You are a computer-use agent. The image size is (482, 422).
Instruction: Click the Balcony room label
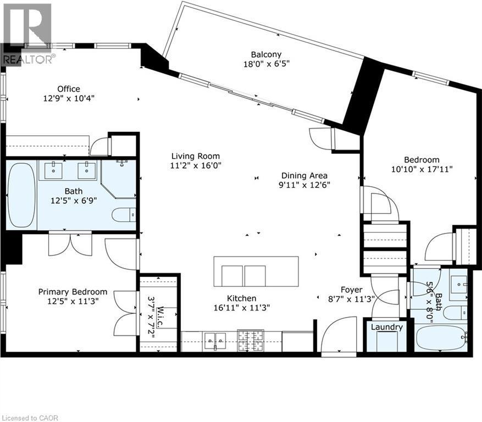tap(266, 54)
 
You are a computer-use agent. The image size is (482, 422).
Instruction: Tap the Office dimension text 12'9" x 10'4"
tap(69, 99)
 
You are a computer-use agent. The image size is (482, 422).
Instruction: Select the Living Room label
tap(195, 156)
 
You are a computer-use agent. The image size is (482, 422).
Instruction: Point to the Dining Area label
tap(303, 175)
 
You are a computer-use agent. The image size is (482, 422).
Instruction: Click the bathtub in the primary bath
tap(21, 195)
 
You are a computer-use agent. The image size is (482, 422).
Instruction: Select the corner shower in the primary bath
tap(119, 179)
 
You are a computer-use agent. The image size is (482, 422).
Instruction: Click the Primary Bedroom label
tap(73, 292)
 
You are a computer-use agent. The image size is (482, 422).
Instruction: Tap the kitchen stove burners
tap(250, 341)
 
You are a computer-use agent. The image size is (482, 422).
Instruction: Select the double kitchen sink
tap(214, 341)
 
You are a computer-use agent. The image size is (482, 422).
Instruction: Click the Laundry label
tap(386, 327)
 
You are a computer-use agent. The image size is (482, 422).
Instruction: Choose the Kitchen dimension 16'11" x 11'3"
tap(242, 308)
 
